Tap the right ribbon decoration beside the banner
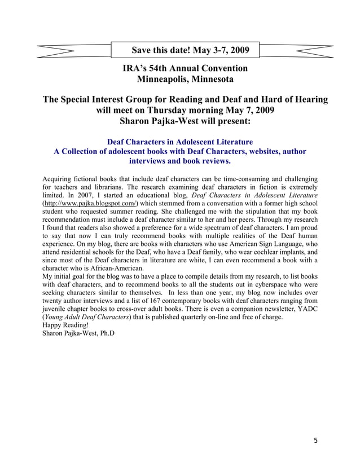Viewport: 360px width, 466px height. pos(295,50)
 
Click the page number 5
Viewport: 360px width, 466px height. pos(315,439)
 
